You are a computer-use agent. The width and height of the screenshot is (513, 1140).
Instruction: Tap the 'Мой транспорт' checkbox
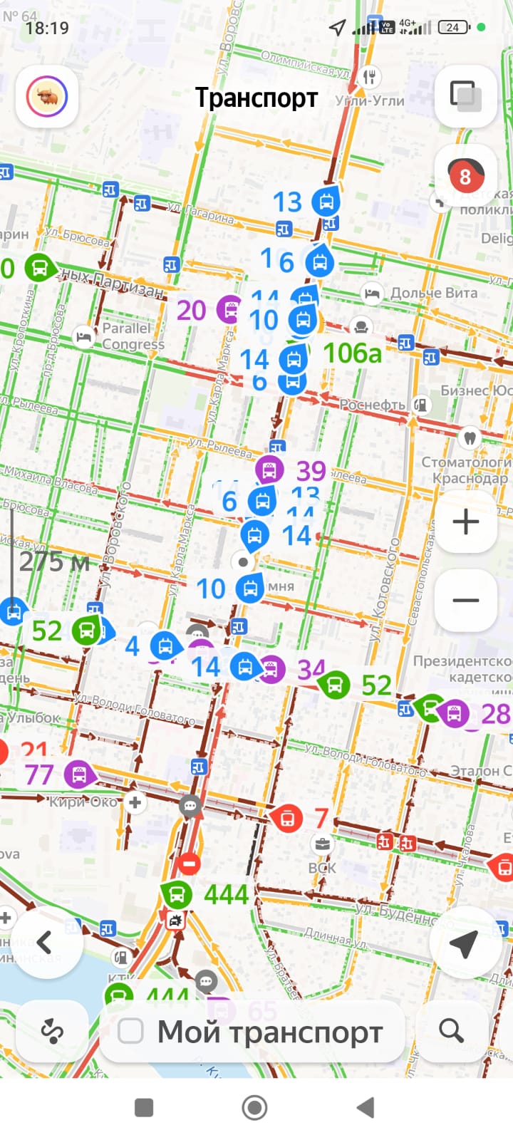click(x=130, y=1031)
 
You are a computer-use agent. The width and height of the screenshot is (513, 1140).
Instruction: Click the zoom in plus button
click(x=465, y=522)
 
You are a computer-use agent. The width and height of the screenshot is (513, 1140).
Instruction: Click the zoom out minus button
click(x=465, y=600)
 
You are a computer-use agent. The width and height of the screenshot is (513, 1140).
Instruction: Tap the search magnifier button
click(x=451, y=1030)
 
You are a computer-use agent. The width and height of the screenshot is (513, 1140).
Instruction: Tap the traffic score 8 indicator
click(x=465, y=176)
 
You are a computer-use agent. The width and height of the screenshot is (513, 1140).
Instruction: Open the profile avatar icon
click(x=47, y=97)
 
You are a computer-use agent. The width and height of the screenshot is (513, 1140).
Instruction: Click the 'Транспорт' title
click(x=256, y=98)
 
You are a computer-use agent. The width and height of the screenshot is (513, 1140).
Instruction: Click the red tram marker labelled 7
click(x=287, y=817)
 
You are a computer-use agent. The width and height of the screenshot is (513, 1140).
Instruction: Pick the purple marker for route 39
click(x=269, y=470)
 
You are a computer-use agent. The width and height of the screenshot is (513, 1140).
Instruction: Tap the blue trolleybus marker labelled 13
click(x=326, y=202)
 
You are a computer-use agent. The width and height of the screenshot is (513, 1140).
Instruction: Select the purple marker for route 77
click(x=78, y=774)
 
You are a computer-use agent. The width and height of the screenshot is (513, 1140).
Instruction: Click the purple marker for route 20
click(x=229, y=309)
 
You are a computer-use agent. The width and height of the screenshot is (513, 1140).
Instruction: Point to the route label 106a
click(x=352, y=353)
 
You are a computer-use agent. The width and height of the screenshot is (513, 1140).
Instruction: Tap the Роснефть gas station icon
click(x=422, y=405)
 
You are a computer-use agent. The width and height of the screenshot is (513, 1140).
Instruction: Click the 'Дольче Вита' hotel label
click(x=433, y=293)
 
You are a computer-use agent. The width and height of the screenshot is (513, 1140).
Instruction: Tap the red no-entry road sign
click(x=189, y=864)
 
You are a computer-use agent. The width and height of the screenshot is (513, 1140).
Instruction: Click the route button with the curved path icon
click(x=52, y=1031)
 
